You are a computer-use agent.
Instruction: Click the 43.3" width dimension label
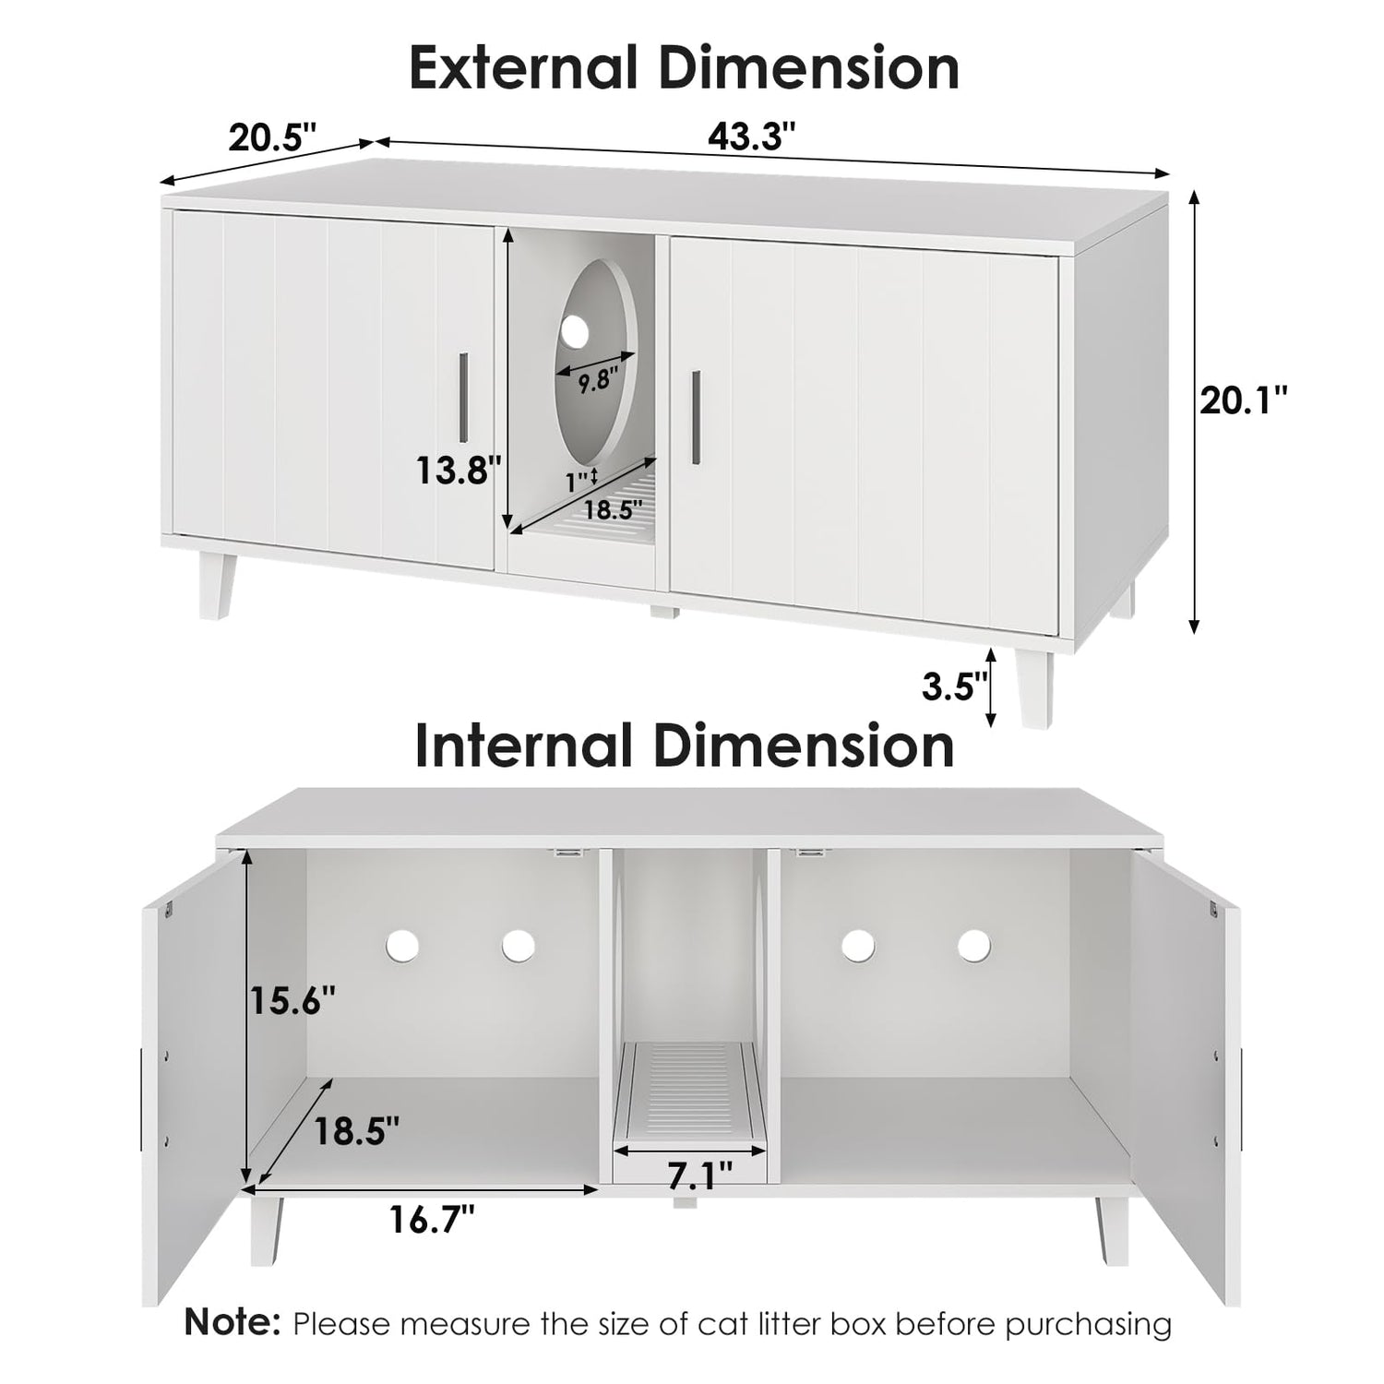point(751,137)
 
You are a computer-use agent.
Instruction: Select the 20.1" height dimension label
point(1244,400)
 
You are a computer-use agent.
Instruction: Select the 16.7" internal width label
point(431,1220)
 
